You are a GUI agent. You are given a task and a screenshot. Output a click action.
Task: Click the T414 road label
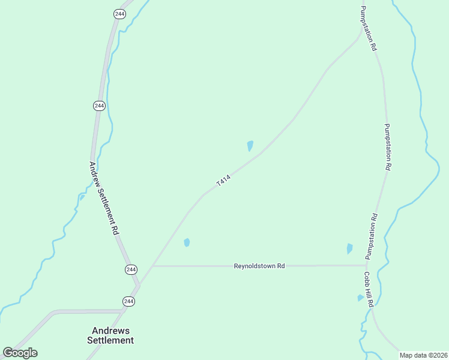tap(223, 180)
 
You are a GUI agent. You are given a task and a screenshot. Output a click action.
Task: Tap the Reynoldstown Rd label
tap(259, 266)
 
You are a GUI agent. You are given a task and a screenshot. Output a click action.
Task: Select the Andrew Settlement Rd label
tap(103, 198)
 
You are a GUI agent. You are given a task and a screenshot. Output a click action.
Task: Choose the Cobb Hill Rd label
tap(368, 289)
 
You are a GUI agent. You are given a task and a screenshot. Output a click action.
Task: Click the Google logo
tap(20, 353)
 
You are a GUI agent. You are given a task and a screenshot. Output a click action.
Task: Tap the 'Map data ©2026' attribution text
tap(424, 355)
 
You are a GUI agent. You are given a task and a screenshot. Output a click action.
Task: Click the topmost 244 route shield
tap(119, 14)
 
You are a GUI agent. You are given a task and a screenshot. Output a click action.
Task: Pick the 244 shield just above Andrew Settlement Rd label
tap(99, 106)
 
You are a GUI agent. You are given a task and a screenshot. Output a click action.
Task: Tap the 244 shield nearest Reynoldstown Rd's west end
tap(131, 269)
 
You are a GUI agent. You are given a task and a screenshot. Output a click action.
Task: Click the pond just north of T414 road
tap(250, 145)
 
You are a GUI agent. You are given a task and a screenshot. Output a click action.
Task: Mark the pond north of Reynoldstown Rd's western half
tap(187, 242)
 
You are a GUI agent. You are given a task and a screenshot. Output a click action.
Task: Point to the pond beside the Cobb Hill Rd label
tap(360, 298)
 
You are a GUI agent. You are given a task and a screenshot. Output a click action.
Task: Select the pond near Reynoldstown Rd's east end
tap(349, 248)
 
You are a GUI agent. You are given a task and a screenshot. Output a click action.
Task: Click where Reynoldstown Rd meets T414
tap(153, 266)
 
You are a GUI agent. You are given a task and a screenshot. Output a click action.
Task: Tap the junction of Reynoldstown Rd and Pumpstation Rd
tap(366, 265)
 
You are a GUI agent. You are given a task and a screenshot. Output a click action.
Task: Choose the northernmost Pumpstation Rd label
tap(368, 28)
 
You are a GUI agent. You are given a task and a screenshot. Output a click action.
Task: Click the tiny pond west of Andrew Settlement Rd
tap(82, 197)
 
